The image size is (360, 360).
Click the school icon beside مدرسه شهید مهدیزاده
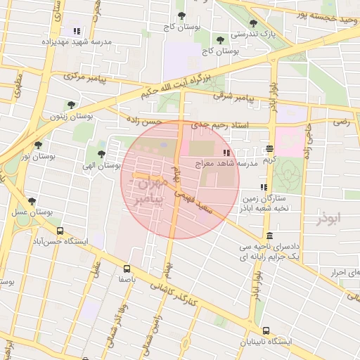click(76, 31)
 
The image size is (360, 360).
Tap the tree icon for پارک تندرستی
click(252, 23)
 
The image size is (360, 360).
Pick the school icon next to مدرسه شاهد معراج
click(226, 153)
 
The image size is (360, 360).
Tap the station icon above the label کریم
click(270, 148)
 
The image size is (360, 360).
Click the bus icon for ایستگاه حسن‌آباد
click(60, 230)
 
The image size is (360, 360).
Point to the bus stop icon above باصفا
click(127, 268)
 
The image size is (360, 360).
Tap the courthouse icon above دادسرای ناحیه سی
click(271, 236)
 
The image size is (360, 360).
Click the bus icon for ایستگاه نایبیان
click(266, 330)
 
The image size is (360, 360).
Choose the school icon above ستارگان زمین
click(263, 187)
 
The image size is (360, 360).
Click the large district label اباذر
click(328, 219)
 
